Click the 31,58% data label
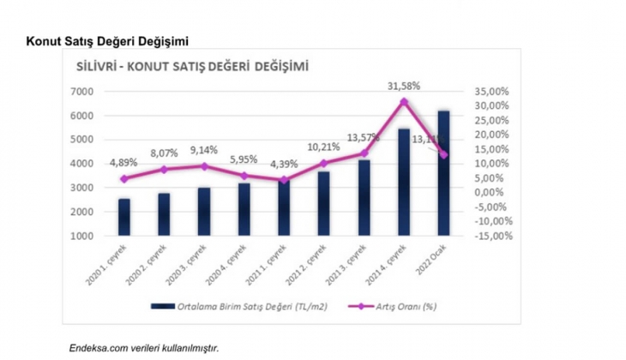404,86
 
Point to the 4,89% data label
126,163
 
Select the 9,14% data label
204,147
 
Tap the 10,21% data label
324,147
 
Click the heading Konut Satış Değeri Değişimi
108,40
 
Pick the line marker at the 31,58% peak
404,102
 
